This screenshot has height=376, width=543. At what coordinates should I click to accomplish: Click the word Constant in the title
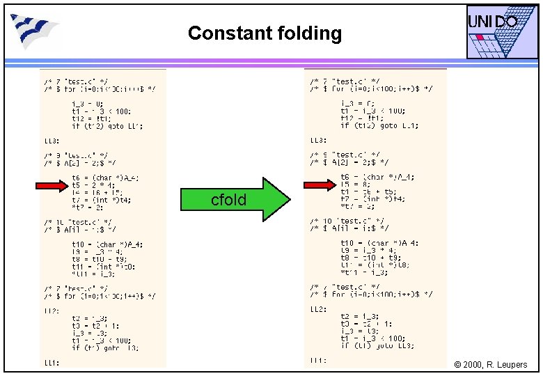tap(219, 33)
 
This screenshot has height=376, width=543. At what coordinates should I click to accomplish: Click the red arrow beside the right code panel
tap(320, 185)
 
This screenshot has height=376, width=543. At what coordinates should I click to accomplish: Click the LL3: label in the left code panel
tap(52, 141)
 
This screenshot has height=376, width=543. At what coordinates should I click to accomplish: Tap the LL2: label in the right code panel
tap(318, 308)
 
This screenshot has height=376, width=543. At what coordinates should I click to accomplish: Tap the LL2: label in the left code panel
tap(52, 309)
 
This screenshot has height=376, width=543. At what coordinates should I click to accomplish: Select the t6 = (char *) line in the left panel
tap(104, 178)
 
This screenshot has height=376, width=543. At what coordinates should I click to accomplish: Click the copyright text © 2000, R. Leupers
tap(490, 365)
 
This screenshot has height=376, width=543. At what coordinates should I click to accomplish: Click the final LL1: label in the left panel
tap(52, 362)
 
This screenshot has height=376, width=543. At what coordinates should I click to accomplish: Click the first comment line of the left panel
tap(76, 81)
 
